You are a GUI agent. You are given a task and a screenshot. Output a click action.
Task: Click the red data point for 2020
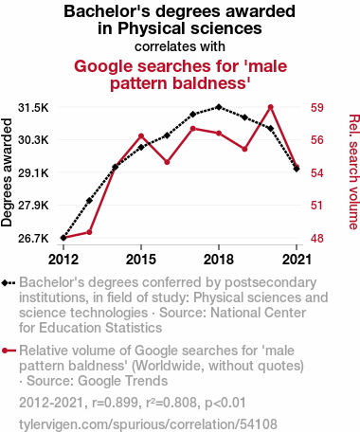point(270,107)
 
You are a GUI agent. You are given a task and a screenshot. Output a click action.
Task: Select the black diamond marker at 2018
point(219,107)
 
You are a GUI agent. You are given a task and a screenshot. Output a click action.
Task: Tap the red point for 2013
point(89,232)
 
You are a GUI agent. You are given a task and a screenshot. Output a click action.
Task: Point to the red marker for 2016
point(167,162)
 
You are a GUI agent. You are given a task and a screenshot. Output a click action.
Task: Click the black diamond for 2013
point(89,201)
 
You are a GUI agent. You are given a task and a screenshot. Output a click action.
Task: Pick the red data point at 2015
point(141,136)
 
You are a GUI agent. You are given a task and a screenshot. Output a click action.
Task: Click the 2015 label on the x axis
point(141,260)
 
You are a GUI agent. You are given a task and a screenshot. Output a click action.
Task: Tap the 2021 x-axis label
point(297,260)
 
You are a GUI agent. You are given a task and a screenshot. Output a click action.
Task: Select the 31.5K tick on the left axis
point(33,108)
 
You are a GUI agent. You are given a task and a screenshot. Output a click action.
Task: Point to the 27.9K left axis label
point(33,206)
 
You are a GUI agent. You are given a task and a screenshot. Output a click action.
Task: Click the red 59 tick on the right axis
point(317,108)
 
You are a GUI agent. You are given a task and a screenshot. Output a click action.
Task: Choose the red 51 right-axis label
point(317,206)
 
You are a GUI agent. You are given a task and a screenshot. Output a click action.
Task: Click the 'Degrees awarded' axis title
point(7,172)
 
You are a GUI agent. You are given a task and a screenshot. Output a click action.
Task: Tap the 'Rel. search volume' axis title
point(354,171)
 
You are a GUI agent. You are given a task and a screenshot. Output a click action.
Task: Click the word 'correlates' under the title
point(157,46)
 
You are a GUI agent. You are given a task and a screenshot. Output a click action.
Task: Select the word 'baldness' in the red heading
point(211,83)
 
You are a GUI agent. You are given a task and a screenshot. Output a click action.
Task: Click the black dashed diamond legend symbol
point(9,283)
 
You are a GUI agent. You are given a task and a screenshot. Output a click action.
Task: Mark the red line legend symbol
point(9,351)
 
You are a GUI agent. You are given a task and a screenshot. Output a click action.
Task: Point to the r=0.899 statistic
point(116,403)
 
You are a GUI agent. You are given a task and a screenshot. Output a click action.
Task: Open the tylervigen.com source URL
point(148,424)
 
